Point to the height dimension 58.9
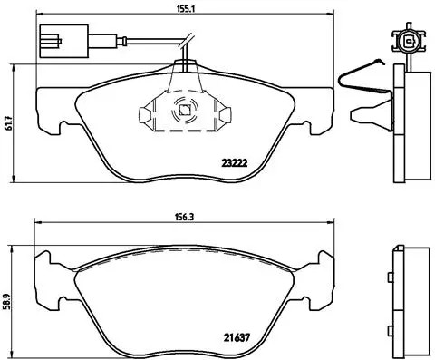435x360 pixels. click(x=10, y=295)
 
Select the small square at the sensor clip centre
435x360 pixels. click(x=184, y=112)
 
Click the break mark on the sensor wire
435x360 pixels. click(x=187, y=42)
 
